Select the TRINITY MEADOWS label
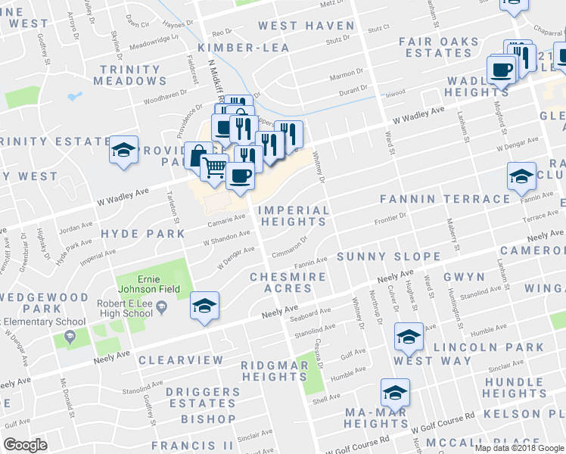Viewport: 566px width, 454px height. click(131, 75)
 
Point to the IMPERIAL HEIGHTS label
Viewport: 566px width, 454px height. click(294, 216)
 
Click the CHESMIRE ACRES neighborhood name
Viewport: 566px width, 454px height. click(288, 282)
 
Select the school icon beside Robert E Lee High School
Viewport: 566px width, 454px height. click(204, 305)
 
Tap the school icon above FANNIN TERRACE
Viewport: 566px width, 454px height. click(521, 176)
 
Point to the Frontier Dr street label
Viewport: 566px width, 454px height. click(391, 219)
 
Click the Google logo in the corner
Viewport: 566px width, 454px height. click(25, 444)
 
